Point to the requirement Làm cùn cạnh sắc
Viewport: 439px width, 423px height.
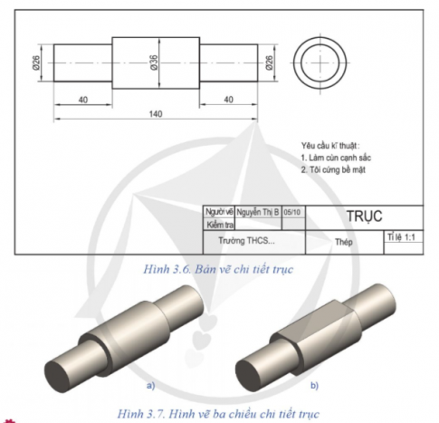point(336,157)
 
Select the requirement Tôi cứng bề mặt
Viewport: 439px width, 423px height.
point(338,168)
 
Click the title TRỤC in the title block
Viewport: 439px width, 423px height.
point(364,216)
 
